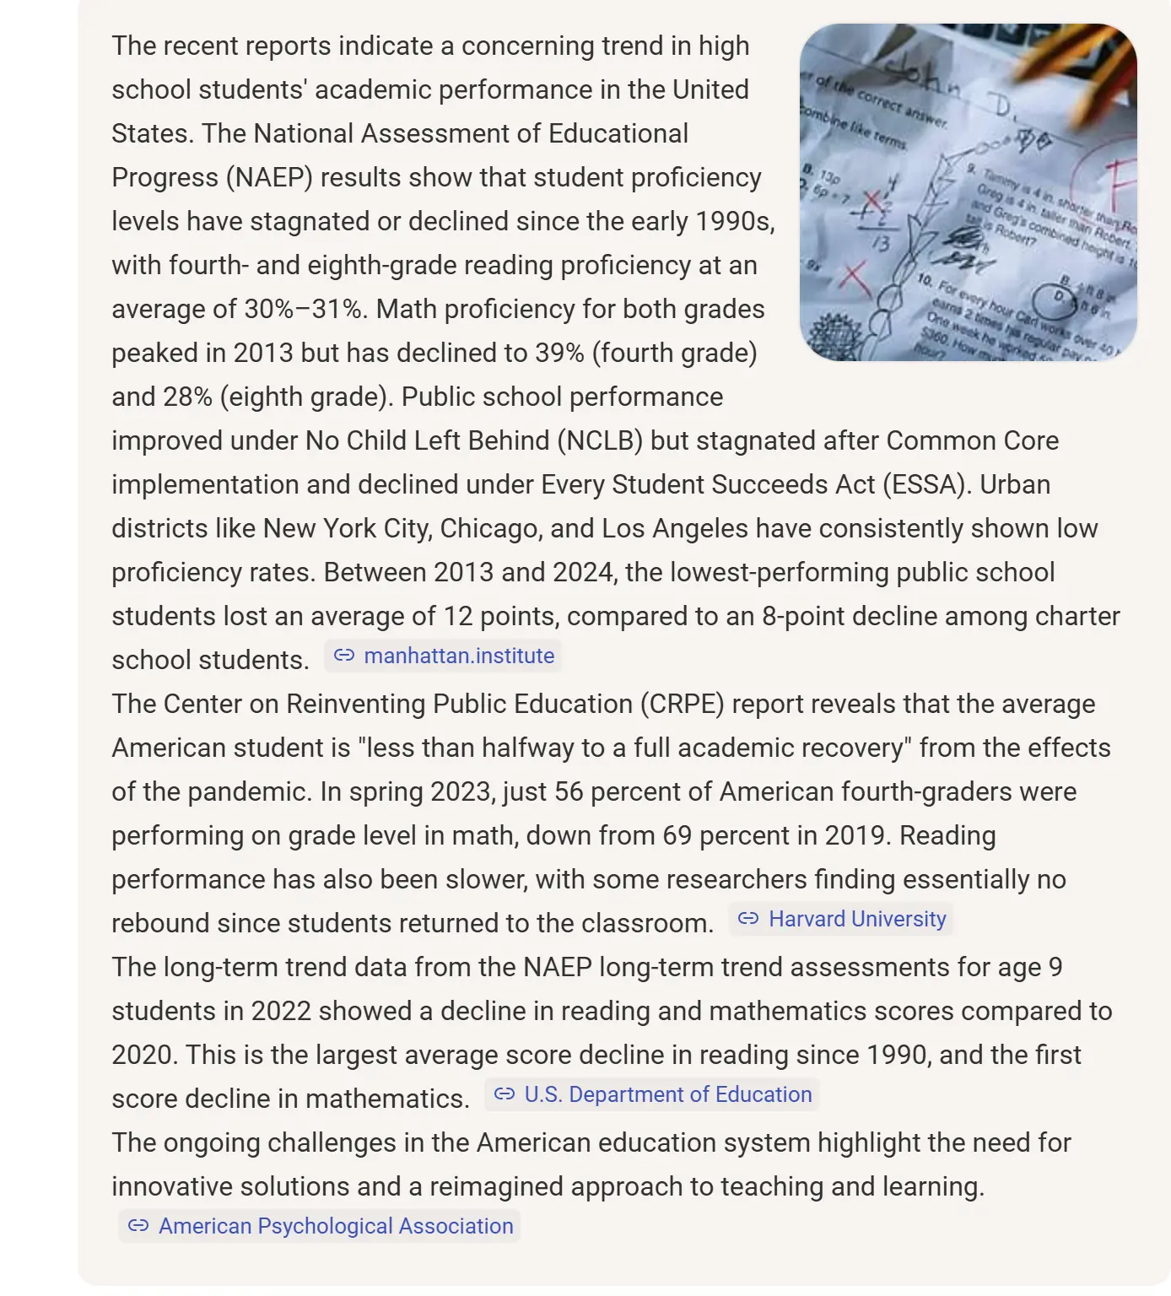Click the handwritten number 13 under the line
point(880,244)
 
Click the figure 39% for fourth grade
point(559,354)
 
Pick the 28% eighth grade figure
point(186,397)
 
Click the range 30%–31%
point(305,310)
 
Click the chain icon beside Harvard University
point(748,920)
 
